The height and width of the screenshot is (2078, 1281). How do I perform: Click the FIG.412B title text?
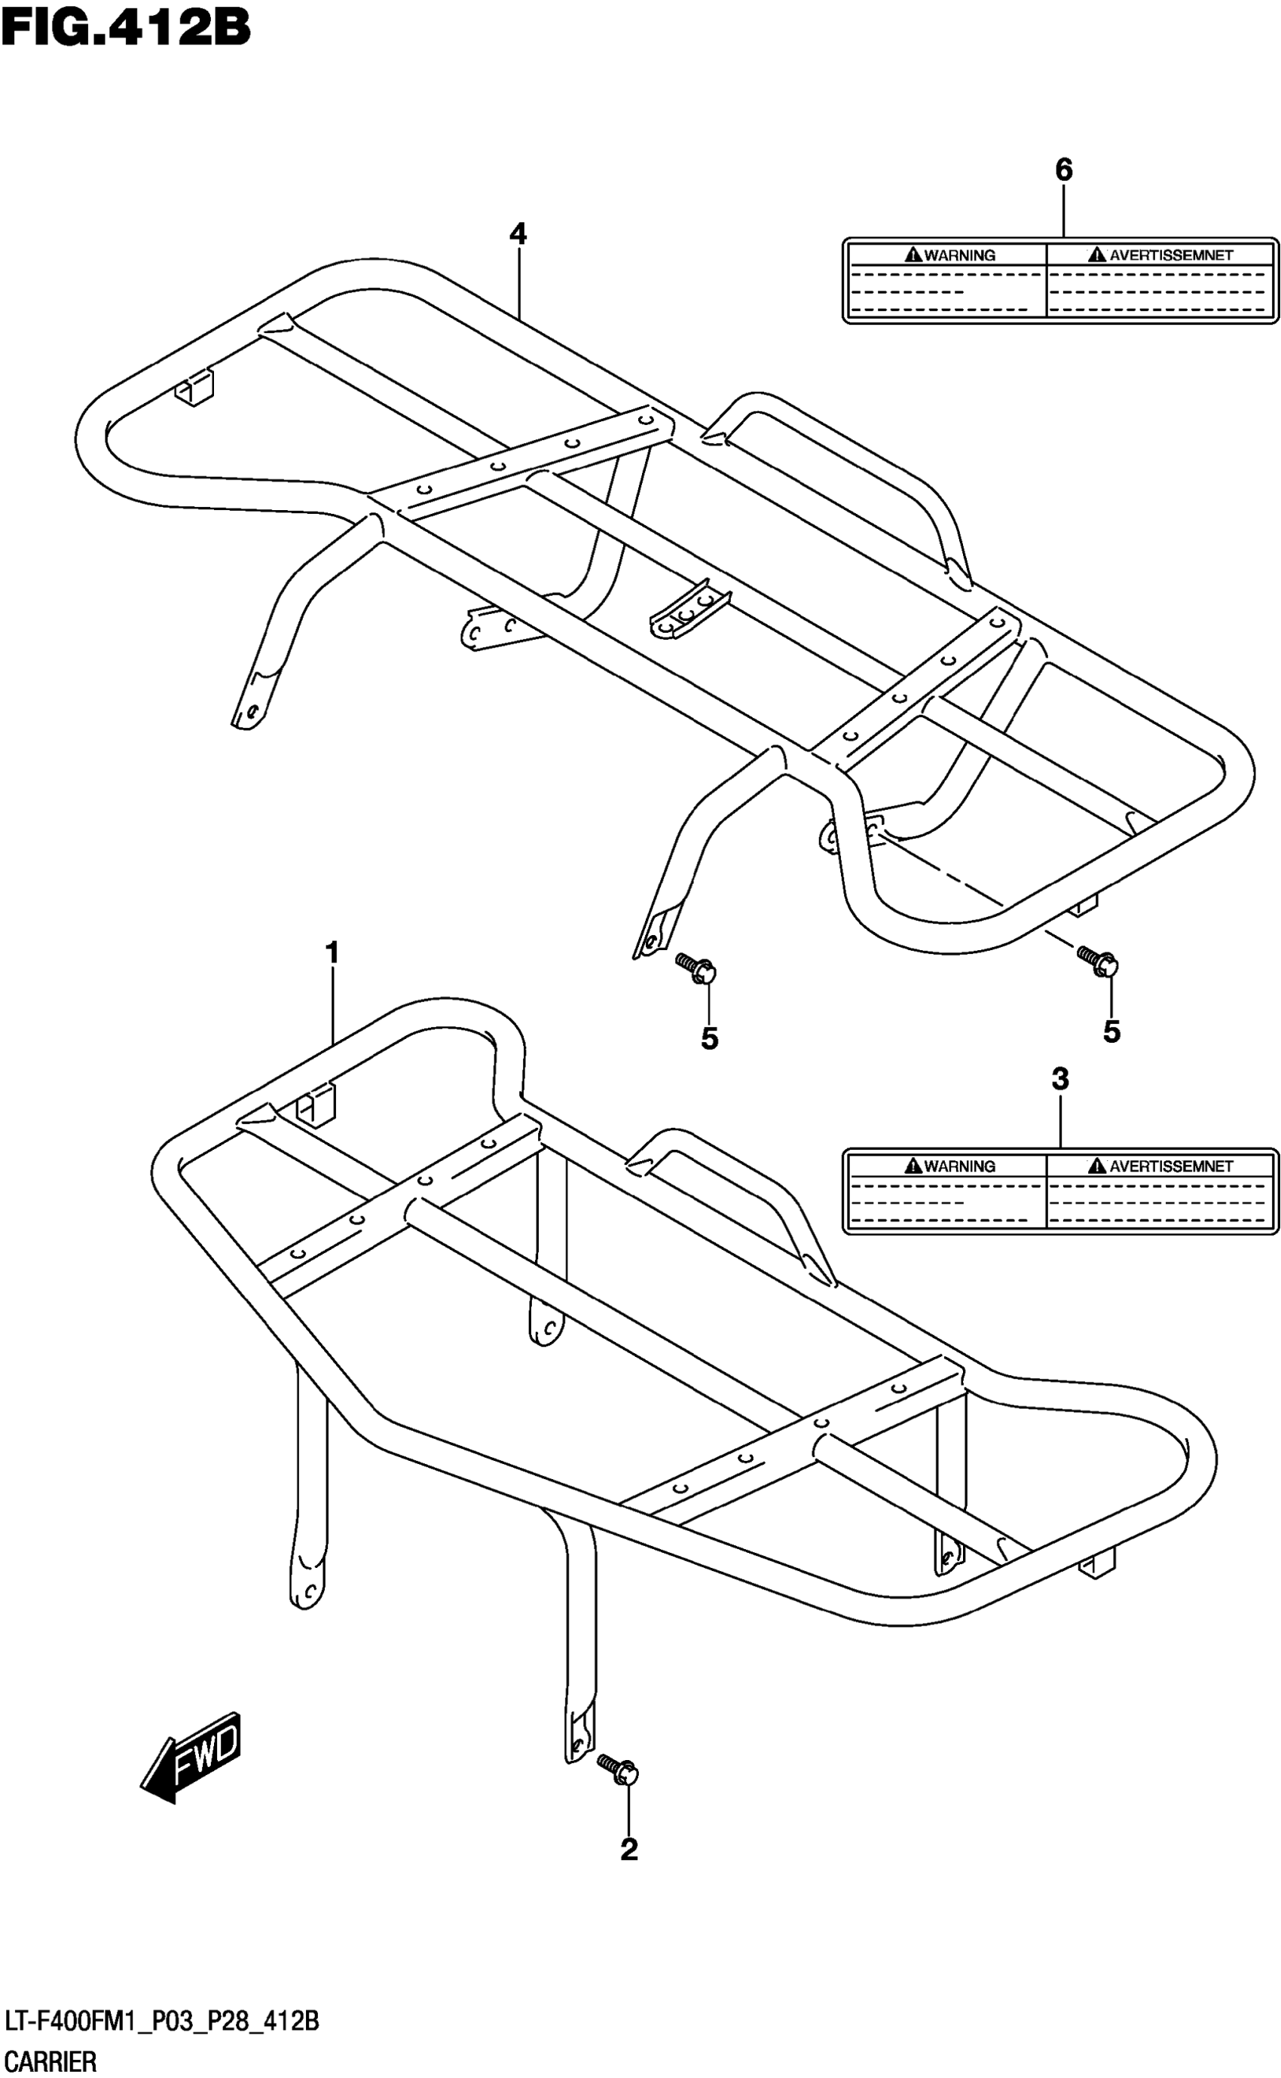tap(125, 27)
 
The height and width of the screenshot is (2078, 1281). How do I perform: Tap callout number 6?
tap(1063, 170)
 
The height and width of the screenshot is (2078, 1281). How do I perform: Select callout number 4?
tap(518, 234)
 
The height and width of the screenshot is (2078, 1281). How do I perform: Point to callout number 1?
tap(333, 953)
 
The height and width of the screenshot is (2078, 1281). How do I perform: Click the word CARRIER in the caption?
tap(50, 2060)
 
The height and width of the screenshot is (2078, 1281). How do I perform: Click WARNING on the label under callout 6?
tap(959, 255)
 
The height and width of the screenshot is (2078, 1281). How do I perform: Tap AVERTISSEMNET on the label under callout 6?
tap(1171, 255)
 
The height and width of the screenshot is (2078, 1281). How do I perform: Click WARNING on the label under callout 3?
tap(959, 1166)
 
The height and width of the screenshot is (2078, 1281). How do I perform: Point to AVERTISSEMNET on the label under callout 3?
tap(1171, 1166)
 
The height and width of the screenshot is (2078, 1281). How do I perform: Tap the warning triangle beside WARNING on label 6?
tap(913, 254)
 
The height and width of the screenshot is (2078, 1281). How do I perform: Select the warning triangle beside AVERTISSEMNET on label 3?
tap(1098, 1166)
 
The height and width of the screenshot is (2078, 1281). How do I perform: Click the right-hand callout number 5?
tap(1111, 1031)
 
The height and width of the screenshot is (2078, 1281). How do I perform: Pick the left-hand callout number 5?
tap(709, 1038)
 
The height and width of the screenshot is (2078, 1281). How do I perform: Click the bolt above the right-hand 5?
tap(1099, 961)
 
